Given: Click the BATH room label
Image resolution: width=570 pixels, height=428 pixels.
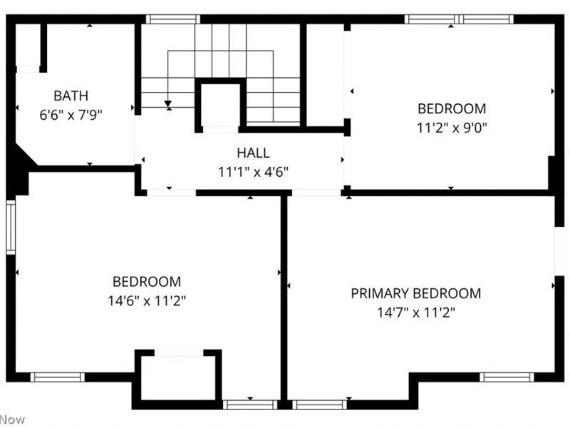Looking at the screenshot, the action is coord(71,96).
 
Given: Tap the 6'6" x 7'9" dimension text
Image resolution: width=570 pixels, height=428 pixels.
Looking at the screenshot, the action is coord(71,115).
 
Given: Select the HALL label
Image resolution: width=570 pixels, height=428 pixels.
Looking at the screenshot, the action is coord(253,153).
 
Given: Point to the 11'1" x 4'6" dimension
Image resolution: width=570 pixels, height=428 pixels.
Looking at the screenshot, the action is coord(253,172).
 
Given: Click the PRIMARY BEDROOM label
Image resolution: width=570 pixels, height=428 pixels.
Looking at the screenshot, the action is coord(416,293).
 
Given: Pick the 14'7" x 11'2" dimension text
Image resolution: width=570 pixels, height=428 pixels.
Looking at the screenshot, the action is coord(416,312).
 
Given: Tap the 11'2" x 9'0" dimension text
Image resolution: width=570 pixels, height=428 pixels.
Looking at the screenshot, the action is coord(452,128).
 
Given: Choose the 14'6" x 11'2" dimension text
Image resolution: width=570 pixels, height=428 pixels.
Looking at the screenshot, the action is coord(147,300).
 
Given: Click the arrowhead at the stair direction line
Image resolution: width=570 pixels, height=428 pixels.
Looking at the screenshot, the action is coord(167,104).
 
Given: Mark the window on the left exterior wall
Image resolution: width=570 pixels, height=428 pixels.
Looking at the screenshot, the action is coord(11,227).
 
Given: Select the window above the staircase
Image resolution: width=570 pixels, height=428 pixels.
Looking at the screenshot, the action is coord(173,19).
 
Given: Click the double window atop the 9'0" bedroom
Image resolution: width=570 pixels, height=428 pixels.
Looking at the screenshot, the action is coord(459,19).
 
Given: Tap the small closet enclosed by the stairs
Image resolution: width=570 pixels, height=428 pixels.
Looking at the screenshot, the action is coord(220,105).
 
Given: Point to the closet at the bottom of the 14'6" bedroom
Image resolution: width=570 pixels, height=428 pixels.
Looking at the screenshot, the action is coord(178,378).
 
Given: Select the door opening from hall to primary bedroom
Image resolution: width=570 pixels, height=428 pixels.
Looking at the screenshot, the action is coord(316,193).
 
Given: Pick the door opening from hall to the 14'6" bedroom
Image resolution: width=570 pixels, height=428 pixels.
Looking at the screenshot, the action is coord(171,193).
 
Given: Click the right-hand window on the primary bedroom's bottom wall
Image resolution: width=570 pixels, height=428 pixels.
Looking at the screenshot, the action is coord(507,377).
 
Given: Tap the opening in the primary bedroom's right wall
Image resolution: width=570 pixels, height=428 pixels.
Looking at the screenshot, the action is coord(559,251).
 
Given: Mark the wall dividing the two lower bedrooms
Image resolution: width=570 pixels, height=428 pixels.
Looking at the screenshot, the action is coord(284,297).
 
